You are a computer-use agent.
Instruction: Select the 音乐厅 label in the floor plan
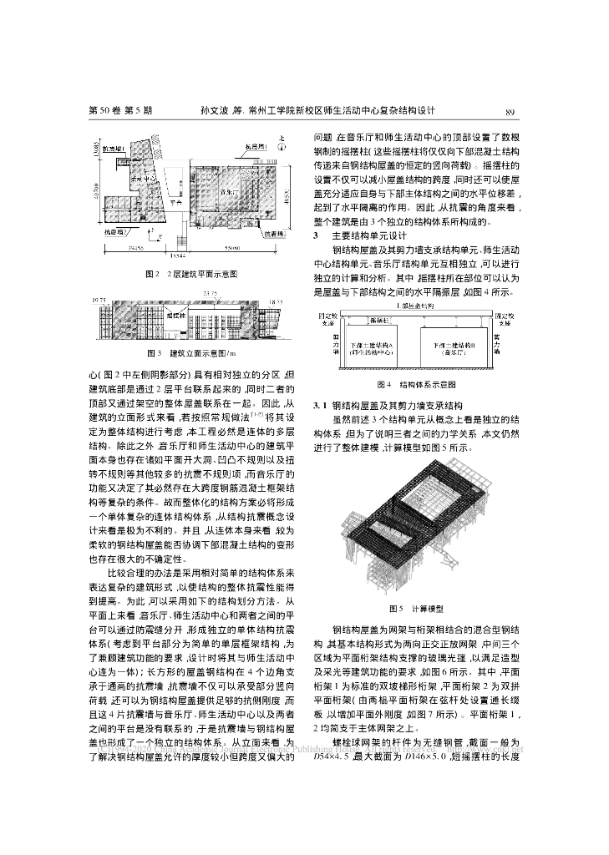pos(225,190)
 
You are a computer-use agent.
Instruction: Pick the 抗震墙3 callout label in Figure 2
pos(274,235)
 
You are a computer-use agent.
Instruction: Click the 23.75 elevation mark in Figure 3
pos(210,292)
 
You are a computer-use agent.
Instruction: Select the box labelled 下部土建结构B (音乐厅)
pos(454,347)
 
